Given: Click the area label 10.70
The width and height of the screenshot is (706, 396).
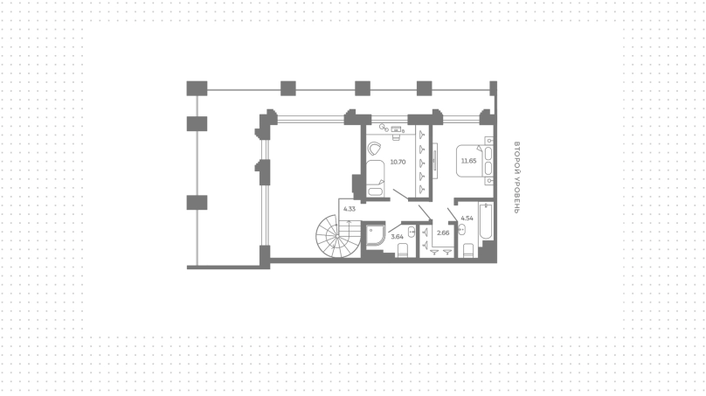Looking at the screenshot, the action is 398,162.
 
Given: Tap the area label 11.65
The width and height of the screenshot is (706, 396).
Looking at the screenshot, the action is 468,161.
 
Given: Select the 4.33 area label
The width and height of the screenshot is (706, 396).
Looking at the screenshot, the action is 350,209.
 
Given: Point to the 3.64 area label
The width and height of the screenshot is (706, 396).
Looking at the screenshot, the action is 397,236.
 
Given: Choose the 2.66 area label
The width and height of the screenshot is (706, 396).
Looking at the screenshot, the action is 443,233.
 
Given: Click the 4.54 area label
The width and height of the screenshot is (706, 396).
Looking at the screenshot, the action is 467,218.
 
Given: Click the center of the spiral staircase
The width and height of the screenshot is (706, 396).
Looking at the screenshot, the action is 337,236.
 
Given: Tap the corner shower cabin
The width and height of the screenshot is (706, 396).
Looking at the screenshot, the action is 375,235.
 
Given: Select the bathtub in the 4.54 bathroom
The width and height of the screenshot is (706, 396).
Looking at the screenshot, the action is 486,221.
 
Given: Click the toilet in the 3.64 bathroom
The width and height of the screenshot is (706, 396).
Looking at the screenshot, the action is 403,250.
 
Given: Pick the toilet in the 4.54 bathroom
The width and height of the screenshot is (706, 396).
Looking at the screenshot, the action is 468,251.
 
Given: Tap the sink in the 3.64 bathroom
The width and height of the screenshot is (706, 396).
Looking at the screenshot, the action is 412,232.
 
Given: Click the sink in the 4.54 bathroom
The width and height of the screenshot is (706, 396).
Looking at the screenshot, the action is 461,229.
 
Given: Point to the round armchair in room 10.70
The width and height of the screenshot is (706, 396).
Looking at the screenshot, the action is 374,149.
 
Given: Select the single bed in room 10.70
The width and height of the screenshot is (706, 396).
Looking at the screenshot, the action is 375,178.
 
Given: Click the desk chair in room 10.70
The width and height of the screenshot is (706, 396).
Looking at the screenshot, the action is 396,135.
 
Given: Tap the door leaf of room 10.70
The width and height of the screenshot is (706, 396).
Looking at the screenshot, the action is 401,195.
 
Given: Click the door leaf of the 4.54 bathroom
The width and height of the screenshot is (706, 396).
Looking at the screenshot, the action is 453,214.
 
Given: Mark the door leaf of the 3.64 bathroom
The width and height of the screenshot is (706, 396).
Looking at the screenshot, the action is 395,227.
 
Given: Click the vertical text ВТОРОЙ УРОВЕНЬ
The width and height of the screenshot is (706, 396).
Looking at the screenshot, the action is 517,177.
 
